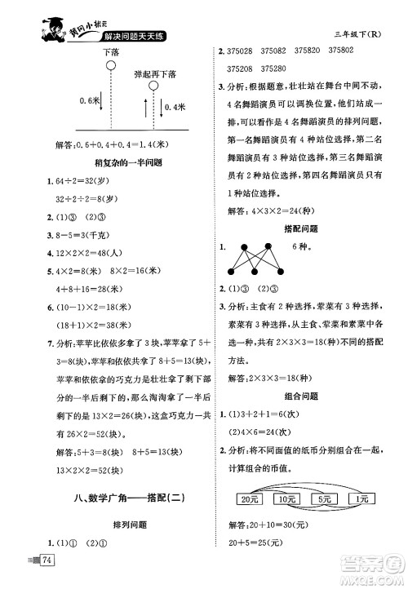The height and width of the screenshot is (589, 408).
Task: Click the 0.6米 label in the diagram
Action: [x=90, y=100]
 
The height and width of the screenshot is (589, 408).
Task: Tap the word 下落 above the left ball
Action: [x=111, y=51]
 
